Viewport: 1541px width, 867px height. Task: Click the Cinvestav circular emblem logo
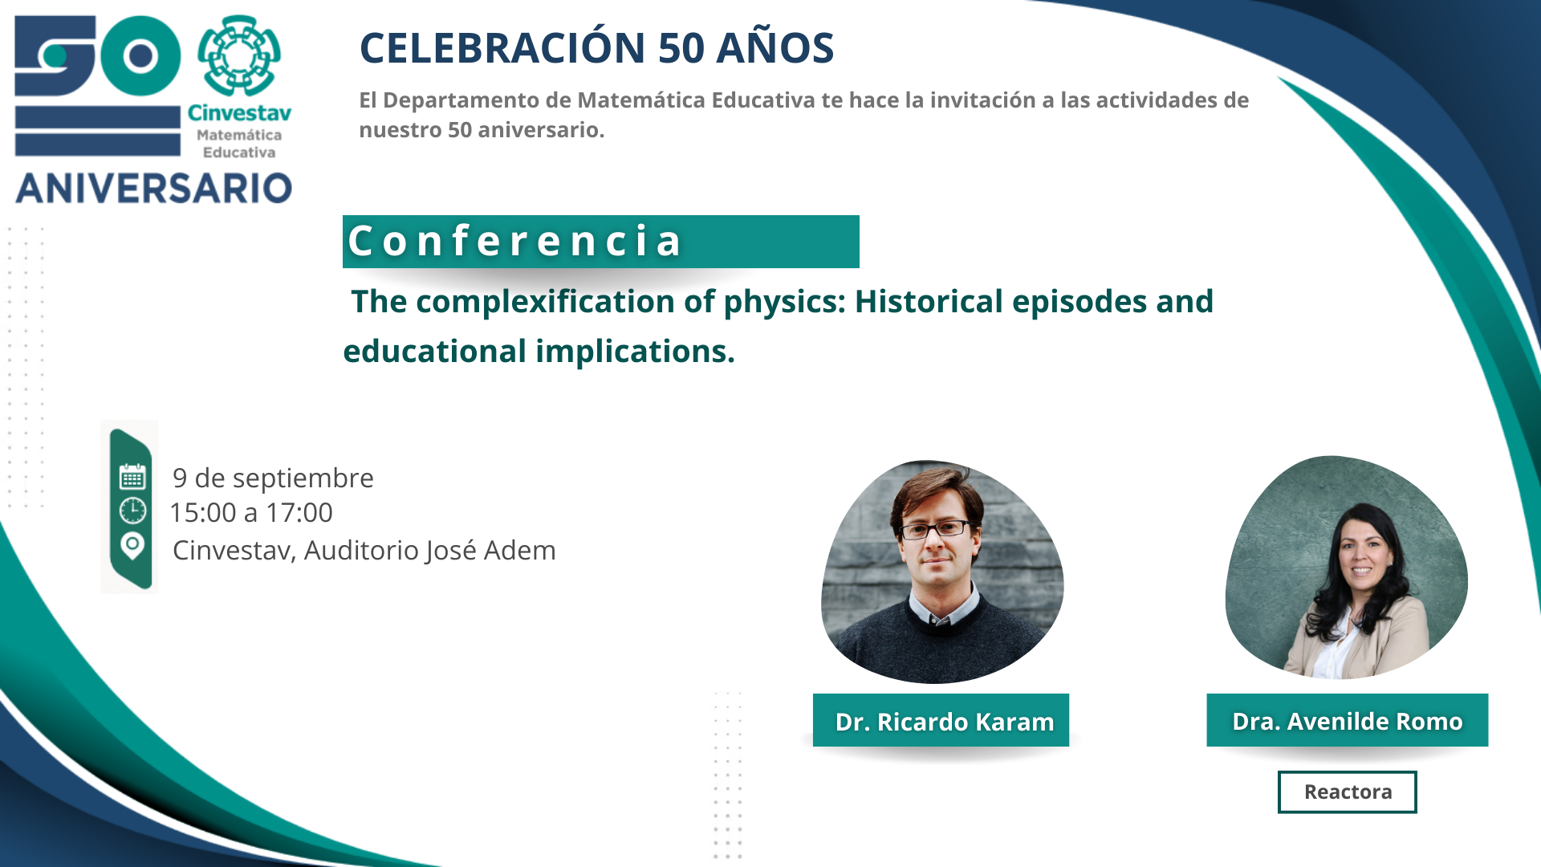coord(239,55)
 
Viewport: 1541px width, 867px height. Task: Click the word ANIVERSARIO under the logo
coord(153,189)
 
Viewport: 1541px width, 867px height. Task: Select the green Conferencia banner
coord(600,241)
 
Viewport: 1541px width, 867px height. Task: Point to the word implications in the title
coord(635,352)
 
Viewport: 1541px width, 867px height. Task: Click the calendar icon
coord(132,477)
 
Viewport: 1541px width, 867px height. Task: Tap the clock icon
coord(132,511)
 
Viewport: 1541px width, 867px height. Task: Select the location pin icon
coord(132,546)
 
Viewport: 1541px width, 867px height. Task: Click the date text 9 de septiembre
coord(273,478)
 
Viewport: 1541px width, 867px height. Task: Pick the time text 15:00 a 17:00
coord(251,513)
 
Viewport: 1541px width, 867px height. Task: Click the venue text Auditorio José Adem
coord(429,551)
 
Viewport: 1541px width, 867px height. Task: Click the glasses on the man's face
coord(935,529)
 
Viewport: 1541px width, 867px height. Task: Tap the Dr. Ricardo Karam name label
coord(941,720)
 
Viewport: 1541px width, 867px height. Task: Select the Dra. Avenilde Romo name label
coord(1348,720)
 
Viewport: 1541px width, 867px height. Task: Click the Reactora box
coord(1348,792)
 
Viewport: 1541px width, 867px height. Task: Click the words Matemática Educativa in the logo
coord(239,144)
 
